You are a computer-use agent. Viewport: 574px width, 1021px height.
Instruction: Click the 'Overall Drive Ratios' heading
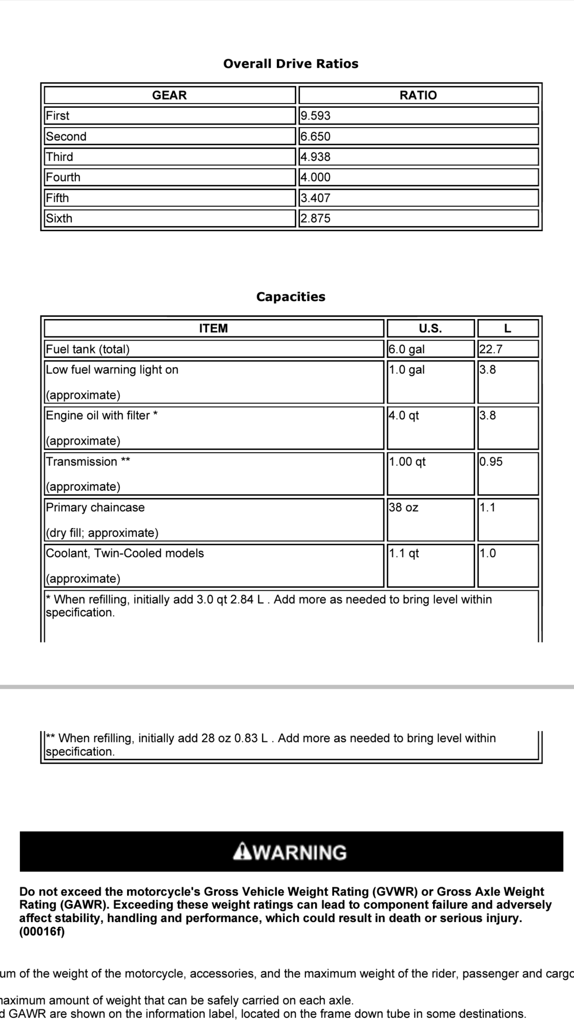click(x=291, y=64)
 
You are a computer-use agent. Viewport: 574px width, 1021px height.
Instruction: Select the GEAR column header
click(x=169, y=95)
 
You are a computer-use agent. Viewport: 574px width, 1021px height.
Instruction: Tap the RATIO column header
click(x=418, y=95)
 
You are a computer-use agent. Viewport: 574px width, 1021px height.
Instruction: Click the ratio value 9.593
click(x=316, y=116)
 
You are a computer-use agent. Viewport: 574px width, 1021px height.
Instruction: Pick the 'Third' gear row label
click(x=59, y=157)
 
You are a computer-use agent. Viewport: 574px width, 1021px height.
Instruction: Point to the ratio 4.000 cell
click(x=316, y=177)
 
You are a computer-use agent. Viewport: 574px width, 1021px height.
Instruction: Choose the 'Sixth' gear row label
click(x=59, y=218)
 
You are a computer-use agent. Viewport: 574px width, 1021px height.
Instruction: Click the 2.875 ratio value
click(x=316, y=218)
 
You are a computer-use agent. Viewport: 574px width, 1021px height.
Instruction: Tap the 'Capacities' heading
click(x=291, y=297)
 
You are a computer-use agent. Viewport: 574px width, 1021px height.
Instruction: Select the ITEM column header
click(x=213, y=329)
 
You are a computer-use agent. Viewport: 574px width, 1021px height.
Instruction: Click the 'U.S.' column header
click(x=430, y=329)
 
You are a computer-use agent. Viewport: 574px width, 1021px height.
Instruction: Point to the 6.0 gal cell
click(x=407, y=349)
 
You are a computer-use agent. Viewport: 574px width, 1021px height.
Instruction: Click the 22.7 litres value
click(x=490, y=349)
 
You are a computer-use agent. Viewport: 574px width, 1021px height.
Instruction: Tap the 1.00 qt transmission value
click(x=407, y=462)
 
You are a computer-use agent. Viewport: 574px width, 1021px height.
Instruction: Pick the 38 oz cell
click(x=404, y=508)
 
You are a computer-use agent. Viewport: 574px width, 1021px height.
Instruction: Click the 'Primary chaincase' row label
click(x=95, y=508)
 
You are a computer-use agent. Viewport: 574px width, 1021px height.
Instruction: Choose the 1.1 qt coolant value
click(x=404, y=553)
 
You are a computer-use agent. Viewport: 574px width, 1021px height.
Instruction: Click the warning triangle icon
click(x=241, y=852)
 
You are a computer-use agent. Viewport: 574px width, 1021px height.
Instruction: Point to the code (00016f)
click(x=42, y=932)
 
